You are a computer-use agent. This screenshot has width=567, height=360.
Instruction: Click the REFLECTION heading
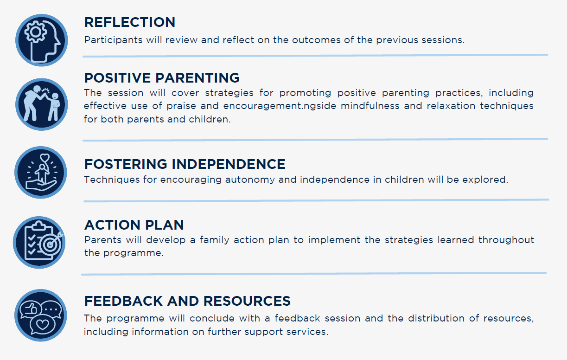click(x=130, y=22)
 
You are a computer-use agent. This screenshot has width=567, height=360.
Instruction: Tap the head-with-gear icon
click(x=42, y=40)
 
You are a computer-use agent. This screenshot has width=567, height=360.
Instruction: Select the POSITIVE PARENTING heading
click(x=162, y=77)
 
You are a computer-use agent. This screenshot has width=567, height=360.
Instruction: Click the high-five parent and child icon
click(x=42, y=104)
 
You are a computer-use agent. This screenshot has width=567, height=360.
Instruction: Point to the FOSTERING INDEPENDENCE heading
click(x=185, y=164)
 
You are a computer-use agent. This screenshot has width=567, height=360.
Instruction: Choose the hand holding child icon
click(x=42, y=173)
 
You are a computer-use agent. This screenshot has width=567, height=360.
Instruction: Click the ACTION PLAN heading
click(x=134, y=225)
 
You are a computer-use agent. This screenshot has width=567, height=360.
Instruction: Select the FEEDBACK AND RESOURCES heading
click(x=187, y=301)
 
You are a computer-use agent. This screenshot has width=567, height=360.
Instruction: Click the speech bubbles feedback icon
click(x=42, y=315)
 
